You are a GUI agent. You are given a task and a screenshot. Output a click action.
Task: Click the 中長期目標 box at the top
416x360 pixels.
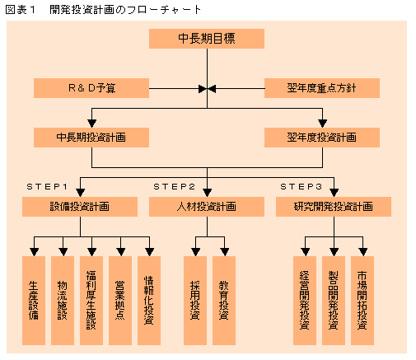click(x=207, y=39)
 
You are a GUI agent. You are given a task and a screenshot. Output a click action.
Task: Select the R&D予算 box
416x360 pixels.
click(x=91, y=88)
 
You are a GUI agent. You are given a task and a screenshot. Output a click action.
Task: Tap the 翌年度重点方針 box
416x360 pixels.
click(x=322, y=88)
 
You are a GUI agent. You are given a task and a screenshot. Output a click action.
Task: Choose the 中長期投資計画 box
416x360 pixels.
click(x=91, y=138)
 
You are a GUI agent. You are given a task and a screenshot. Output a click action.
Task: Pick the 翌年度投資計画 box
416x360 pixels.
click(x=322, y=138)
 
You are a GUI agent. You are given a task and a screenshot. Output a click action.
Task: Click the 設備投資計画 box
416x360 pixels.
click(x=80, y=207)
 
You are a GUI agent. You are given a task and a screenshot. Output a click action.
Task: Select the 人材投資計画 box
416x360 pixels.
click(x=207, y=207)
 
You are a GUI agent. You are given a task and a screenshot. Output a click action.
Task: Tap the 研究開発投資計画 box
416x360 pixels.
click(x=334, y=207)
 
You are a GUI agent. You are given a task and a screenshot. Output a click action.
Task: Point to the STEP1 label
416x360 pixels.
click(x=47, y=187)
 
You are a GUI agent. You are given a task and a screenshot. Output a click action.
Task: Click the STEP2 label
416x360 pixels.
click(x=174, y=187)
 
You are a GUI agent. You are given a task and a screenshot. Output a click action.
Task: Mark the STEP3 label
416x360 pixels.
click(x=301, y=187)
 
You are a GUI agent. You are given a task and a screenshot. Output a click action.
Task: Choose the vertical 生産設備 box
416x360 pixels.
click(x=34, y=301)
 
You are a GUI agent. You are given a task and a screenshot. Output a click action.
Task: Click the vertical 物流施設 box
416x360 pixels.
click(x=63, y=301)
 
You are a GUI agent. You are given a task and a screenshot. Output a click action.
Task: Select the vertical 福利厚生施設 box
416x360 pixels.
click(x=91, y=301)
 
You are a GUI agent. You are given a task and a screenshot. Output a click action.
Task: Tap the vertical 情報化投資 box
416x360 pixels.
click(x=149, y=301)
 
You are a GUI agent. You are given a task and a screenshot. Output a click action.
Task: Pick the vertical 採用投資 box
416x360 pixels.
click(x=195, y=301)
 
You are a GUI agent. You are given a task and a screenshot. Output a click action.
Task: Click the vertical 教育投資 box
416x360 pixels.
click(x=224, y=301)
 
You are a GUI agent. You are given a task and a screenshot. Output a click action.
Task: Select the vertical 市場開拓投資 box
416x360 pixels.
click(x=362, y=301)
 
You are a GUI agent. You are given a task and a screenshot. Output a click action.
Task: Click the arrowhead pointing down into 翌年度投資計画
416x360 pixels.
click(x=322, y=124)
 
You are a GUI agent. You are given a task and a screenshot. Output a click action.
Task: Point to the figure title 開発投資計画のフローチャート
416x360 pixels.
click(x=125, y=10)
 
